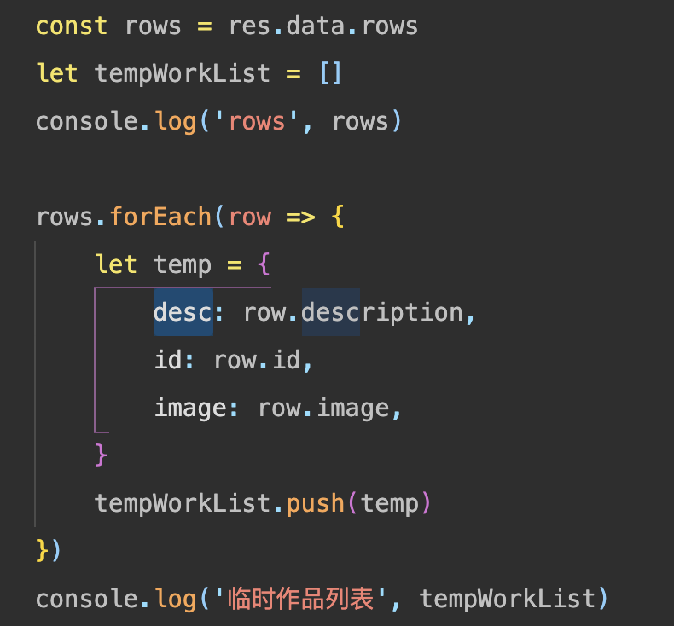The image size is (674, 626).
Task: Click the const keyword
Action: click(72, 26)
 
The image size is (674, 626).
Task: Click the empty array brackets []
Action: click(331, 73)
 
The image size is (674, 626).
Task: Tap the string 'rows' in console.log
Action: click(259, 121)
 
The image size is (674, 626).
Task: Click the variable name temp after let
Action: click(183, 264)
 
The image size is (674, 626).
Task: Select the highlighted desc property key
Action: click(183, 312)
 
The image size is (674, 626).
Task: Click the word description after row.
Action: click(382, 312)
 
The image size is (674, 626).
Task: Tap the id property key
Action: click(168, 360)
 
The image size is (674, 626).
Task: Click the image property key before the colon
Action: click(189, 408)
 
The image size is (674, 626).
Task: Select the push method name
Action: click(316, 503)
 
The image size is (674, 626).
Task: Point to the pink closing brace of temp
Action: click(102, 455)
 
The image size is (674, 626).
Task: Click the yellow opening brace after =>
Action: click(337, 217)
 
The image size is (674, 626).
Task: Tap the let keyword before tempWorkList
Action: click(57, 73)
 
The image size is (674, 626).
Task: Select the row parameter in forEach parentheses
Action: click(250, 217)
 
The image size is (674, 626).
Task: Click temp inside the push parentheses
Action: click(390, 503)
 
